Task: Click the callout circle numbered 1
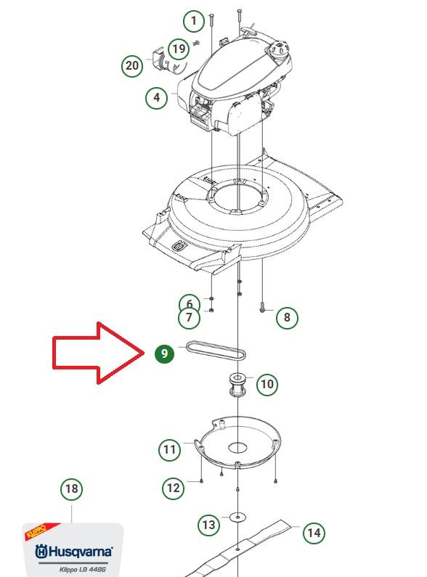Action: [194, 20]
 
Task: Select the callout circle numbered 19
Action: [179, 49]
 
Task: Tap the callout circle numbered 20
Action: [132, 66]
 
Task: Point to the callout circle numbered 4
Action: [156, 97]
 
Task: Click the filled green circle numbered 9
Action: [164, 353]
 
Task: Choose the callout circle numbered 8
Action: [287, 318]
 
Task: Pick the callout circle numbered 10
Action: [267, 385]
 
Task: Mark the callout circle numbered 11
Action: [170, 450]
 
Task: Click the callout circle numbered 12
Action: [173, 488]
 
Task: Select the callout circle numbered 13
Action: [208, 524]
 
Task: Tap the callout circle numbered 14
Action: [314, 533]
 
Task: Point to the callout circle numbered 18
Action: [71, 489]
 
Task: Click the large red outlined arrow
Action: [98, 353]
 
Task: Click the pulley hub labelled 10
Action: [237, 385]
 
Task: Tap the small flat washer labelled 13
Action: [237, 517]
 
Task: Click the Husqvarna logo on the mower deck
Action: [179, 246]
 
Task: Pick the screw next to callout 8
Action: [262, 307]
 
